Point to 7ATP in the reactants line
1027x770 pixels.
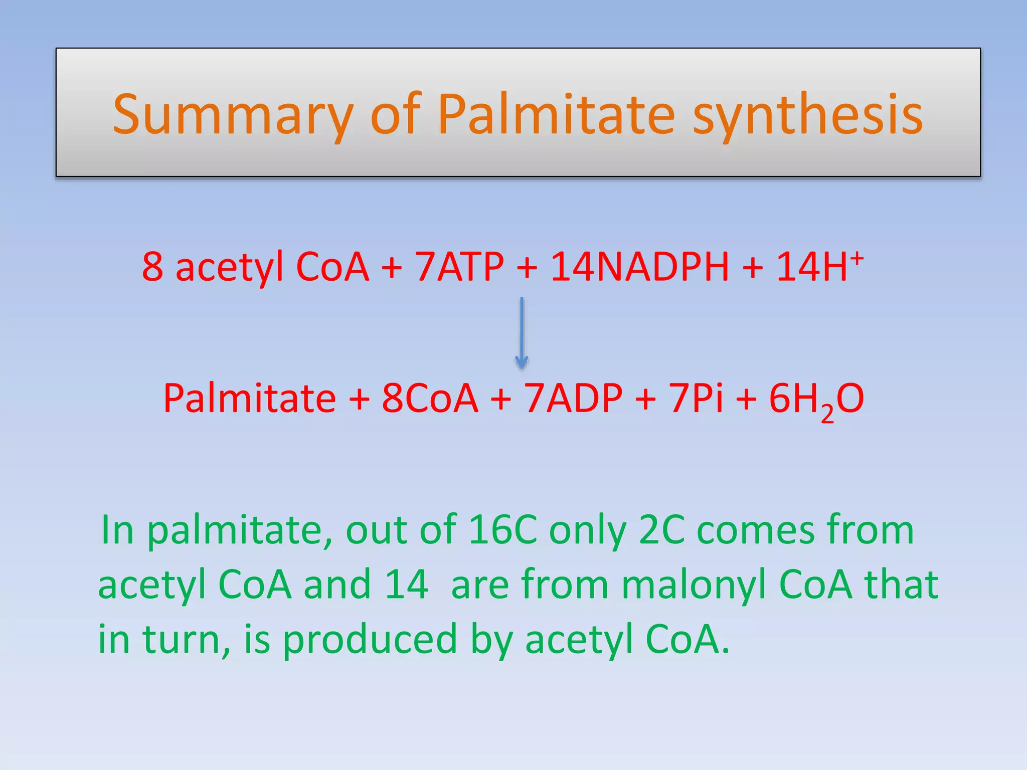[459, 267]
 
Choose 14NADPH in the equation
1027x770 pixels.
[640, 267]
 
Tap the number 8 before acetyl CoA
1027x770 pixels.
[152, 267]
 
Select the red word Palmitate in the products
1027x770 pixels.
[250, 399]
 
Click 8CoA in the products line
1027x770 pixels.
[430, 399]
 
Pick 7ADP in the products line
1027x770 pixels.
[573, 399]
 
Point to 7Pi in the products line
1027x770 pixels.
[697, 399]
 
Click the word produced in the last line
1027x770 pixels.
[370, 640]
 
